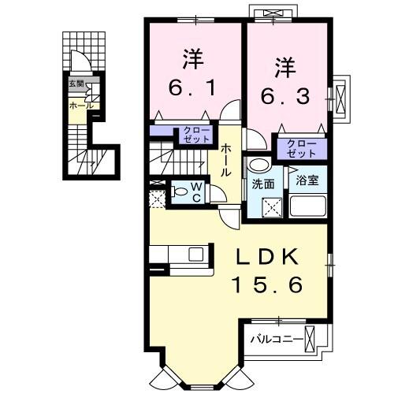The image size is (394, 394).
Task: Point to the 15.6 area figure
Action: point(266,284)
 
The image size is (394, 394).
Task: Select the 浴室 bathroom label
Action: point(307,180)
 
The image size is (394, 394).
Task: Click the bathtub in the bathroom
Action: point(308,207)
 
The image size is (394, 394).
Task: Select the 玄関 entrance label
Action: point(75,83)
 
